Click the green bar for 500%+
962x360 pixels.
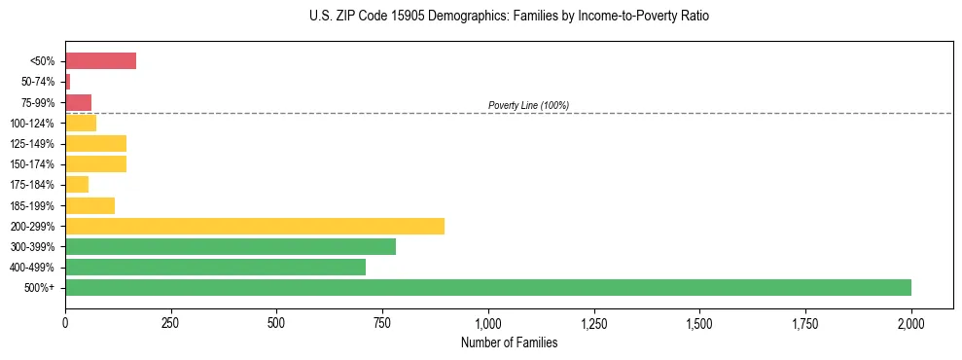pos(488,287)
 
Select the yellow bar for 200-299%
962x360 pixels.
pos(255,226)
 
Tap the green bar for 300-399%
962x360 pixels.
pos(231,246)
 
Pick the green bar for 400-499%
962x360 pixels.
pos(215,267)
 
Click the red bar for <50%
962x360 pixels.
pos(100,61)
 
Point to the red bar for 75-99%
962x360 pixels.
pos(78,102)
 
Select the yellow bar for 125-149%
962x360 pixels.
pos(95,144)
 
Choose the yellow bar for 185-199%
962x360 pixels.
pos(89,205)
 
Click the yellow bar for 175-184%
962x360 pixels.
pos(77,185)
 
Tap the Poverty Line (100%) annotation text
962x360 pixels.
pos(528,105)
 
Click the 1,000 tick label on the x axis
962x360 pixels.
pos(488,322)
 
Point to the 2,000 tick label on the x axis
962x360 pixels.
pos(911,322)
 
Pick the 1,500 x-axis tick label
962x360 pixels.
pos(699,322)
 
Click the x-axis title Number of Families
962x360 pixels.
pos(509,342)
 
